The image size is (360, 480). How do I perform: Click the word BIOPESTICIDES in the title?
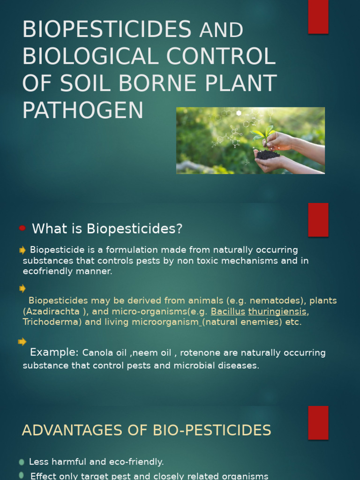(x=107, y=30)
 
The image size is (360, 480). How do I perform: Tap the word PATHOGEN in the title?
(x=83, y=110)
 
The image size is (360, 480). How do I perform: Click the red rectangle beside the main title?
(x=318, y=17)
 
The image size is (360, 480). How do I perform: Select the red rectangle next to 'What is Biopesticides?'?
(x=318, y=219)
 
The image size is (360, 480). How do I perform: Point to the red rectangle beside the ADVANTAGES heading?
(x=318, y=422)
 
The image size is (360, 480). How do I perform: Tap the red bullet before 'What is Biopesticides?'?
(x=22, y=229)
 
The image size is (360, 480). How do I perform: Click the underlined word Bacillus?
(x=228, y=312)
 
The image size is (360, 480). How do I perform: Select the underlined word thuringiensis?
(x=277, y=312)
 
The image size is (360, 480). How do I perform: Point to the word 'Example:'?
(x=54, y=352)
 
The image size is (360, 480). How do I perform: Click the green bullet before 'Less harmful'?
(x=22, y=462)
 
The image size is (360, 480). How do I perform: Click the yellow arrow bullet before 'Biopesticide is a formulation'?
(x=22, y=250)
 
